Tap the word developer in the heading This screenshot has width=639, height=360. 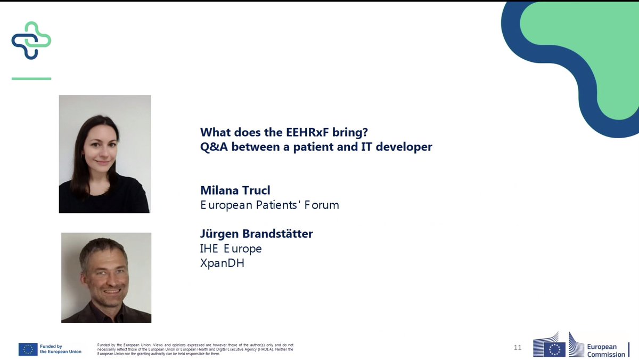[405, 147]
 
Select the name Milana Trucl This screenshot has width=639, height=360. [235, 190]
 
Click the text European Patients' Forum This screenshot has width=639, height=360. [269, 205]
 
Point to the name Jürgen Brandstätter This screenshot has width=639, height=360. [256, 234]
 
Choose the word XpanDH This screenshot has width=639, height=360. [222, 263]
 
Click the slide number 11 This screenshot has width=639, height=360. [517, 348]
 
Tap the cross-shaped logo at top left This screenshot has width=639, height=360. [31, 41]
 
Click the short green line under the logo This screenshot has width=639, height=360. [31, 79]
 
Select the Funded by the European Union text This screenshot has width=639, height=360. [61, 349]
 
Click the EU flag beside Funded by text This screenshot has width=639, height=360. [28, 349]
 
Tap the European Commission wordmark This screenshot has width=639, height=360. [606, 350]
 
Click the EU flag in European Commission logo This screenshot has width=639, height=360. [556, 349]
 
